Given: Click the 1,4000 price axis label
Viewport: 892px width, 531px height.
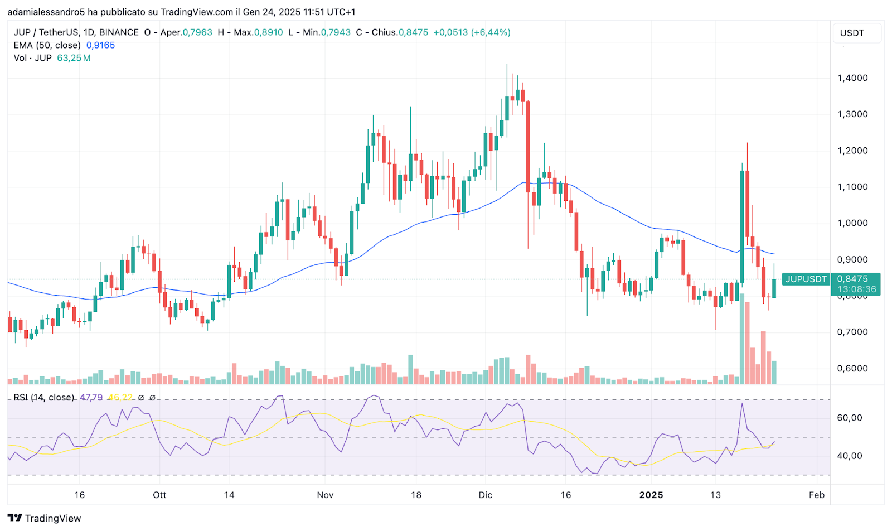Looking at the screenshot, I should pyautogui.click(x=852, y=78).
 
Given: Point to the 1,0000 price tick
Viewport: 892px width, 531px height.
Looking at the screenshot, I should pyautogui.click(x=852, y=223).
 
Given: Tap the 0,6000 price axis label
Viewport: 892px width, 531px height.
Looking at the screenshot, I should pyautogui.click(x=852, y=368).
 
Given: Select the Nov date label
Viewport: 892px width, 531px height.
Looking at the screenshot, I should pyautogui.click(x=325, y=495).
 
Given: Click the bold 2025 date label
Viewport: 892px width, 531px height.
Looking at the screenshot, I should pyautogui.click(x=651, y=495).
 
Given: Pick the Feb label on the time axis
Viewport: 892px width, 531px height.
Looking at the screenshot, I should pyautogui.click(x=816, y=495).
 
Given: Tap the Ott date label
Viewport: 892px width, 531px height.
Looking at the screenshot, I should pyautogui.click(x=159, y=495).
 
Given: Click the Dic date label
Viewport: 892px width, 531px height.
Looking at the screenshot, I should pyautogui.click(x=485, y=495).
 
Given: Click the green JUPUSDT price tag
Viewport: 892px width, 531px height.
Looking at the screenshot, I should pyautogui.click(x=806, y=279).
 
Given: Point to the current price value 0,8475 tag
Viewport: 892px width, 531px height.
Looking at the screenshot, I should pyautogui.click(x=852, y=279).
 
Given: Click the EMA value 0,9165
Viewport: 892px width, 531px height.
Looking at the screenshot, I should pyautogui.click(x=100, y=45).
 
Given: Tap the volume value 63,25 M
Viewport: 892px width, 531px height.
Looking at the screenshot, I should pyautogui.click(x=74, y=58).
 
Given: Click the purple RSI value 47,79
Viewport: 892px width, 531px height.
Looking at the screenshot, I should pyautogui.click(x=91, y=398).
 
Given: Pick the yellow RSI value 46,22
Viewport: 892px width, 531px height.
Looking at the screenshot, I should pyautogui.click(x=120, y=398).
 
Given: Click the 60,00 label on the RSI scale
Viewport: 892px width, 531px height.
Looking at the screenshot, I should pyautogui.click(x=850, y=418).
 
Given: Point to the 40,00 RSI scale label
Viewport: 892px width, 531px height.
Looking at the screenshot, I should pyautogui.click(x=850, y=456).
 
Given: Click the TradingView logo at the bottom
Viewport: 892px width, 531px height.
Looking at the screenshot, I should pyautogui.click(x=45, y=518).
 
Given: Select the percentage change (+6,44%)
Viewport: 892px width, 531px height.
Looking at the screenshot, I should pyautogui.click(x=491, y=32).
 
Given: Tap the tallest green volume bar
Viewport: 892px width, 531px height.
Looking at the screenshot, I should pyautogui.click(x=742, y=340).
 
